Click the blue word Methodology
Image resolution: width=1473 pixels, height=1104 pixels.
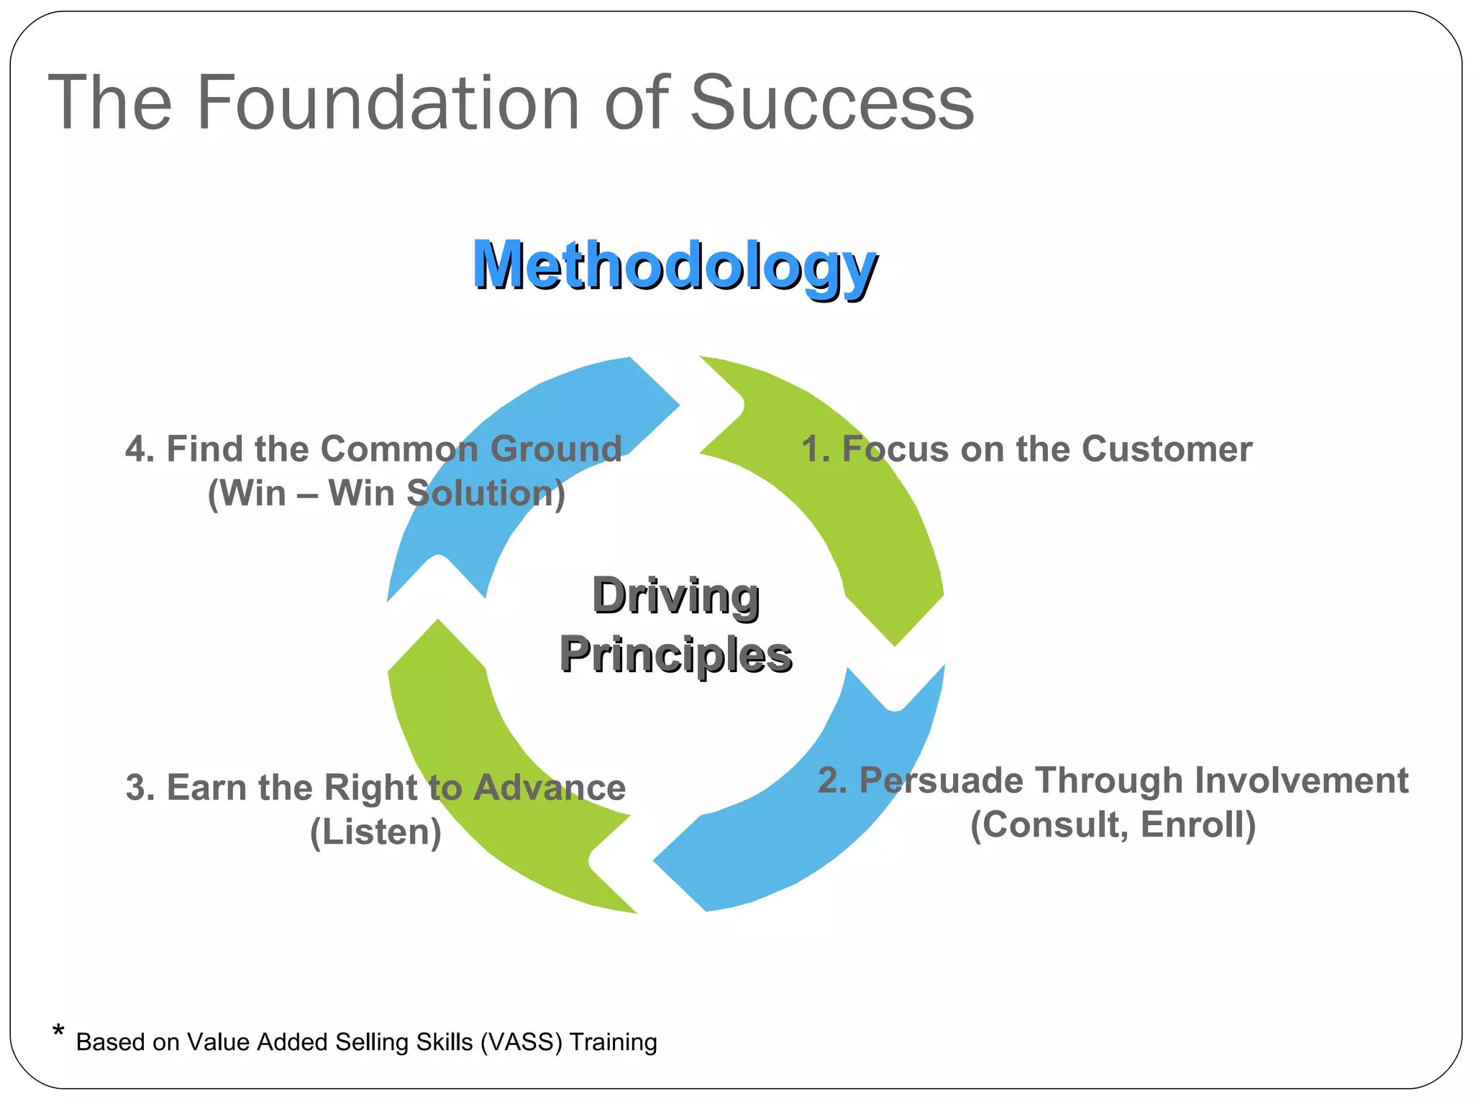tap(674, 266)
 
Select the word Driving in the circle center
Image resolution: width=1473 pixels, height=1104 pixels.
tap(675, 596)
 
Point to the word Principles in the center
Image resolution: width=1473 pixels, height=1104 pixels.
tap(675, 655)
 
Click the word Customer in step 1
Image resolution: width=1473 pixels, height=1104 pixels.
tap(1167, 449)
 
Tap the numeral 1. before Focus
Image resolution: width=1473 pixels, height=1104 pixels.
tap(816, 449)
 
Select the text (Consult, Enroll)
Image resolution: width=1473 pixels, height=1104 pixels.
tap(1113, 824)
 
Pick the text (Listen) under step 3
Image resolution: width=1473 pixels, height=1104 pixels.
tap(375, 832)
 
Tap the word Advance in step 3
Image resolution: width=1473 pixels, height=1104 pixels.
tap(549, 788)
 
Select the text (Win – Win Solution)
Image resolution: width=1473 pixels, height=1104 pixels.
tap(386, 494)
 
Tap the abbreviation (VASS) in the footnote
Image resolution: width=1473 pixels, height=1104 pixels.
tap(521, 1042)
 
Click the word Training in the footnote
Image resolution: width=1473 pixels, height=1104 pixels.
tap(613, 1042)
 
